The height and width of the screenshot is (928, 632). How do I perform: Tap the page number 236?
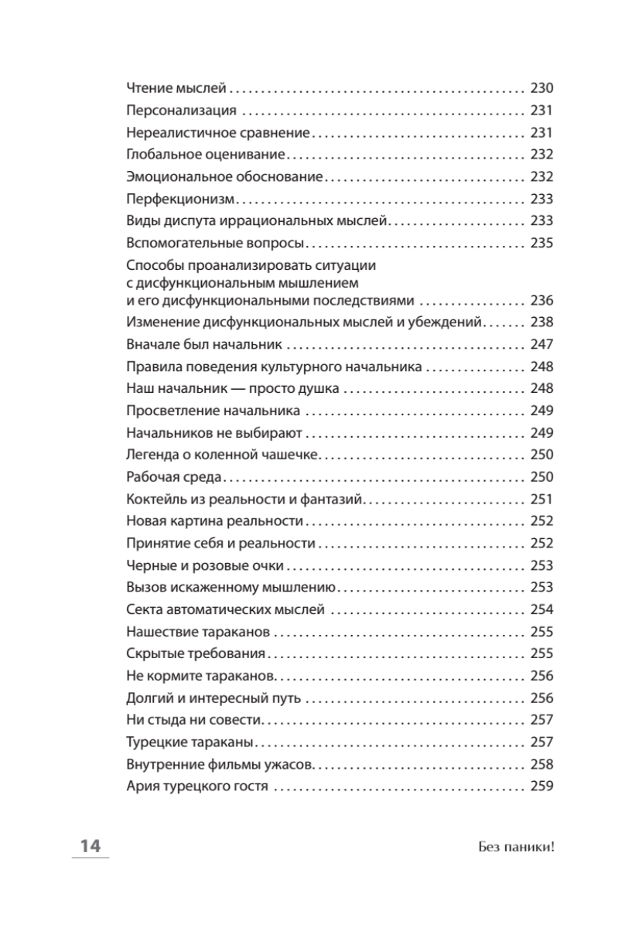pyautogui.click(x=542, y=301)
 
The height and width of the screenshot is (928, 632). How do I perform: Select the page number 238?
pyautogui.click(x=542, y=322)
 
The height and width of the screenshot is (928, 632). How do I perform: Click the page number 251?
pyautogui.click(x=542, y=500)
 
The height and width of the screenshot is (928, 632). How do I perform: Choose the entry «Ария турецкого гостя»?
pyautogui.click(x=196, y=787)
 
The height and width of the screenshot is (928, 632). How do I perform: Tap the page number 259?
pyautogui.click(x=542, y=787)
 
